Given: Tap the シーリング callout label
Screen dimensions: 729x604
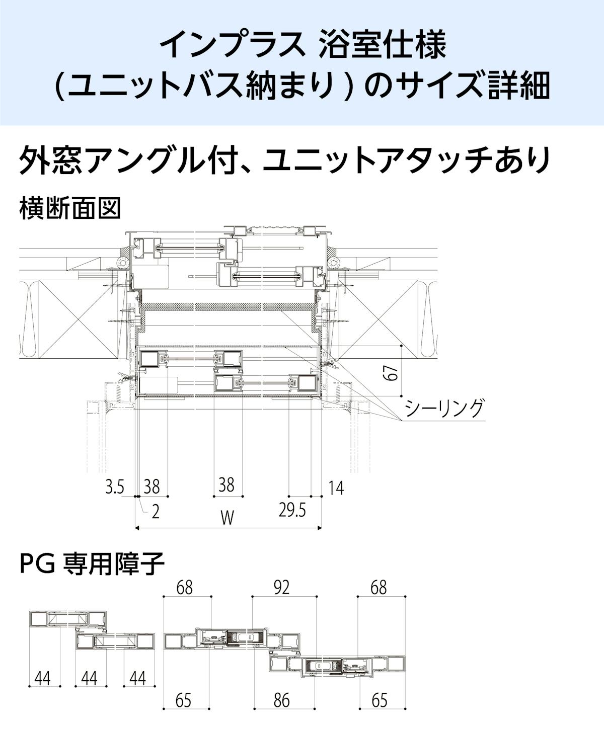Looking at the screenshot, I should [443, 408].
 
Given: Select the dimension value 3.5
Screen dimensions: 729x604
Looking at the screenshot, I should [114, 487].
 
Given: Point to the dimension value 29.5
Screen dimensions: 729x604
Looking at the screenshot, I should [292, 511].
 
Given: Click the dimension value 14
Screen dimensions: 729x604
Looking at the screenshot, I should [336, 488].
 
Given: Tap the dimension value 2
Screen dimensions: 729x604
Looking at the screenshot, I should [155, 512].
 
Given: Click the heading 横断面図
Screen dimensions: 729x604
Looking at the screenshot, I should [70, 208].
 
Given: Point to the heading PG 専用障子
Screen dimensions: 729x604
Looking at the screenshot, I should [92, 564].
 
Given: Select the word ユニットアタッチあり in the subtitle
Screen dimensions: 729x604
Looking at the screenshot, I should [406, 160].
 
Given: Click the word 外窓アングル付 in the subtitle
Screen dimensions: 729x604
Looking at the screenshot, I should [132, 160].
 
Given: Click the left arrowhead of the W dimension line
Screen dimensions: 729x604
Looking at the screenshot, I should [137, 527].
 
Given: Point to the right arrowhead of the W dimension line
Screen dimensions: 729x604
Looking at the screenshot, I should [321, 527].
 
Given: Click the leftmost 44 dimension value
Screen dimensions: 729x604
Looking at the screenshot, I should [43, 679].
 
